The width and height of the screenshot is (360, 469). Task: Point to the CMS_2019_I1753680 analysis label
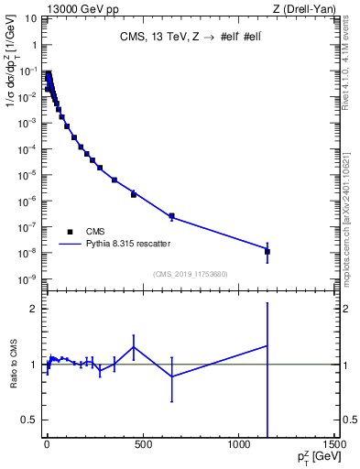tap(190, 274)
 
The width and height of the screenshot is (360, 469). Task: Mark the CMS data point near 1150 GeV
tap(267, 251)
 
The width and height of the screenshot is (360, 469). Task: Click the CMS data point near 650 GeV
tap(171, 217)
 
